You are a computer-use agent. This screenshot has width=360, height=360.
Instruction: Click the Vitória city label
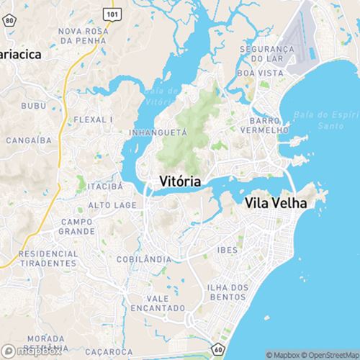pos(180,180)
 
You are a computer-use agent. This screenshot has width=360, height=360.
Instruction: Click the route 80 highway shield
pos(8,22)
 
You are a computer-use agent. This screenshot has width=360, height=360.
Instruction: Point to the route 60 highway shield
pos(217,349)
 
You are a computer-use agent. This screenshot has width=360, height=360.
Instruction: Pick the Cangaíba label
pos(27,140)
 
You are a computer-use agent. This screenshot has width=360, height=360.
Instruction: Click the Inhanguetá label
pos(158,132)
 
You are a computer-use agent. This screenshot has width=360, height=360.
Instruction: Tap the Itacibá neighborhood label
pos(105,186)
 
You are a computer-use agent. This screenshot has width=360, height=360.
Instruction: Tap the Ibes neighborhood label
pos(227,248)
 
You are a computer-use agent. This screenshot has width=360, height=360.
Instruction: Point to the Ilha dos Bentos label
pos(227,292)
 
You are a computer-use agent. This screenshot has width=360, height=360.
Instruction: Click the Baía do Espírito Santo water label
pos(324,120)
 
